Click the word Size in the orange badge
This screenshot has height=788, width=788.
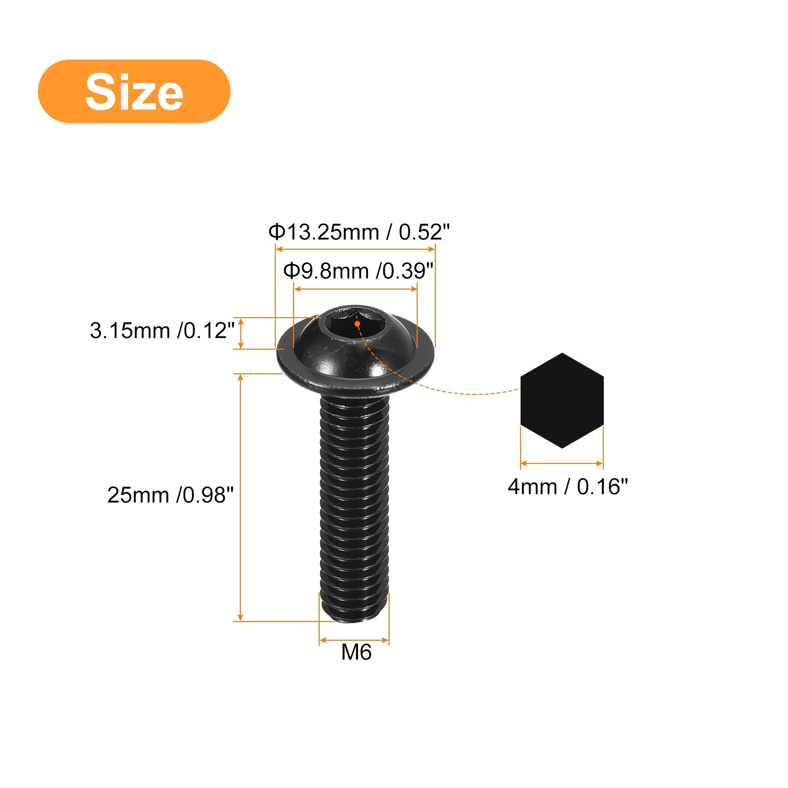[134, 92]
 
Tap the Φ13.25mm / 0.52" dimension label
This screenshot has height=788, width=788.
[359, 231]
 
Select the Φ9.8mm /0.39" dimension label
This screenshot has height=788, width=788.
[358, 270]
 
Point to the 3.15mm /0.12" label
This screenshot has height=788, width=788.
[162, 330]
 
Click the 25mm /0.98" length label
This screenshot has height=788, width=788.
[170, 495]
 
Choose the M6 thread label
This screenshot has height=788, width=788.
[356, 652]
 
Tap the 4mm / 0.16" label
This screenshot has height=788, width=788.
[568, 487]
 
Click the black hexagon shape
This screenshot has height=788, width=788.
[562, 400]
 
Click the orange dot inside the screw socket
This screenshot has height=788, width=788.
[357, 324]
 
